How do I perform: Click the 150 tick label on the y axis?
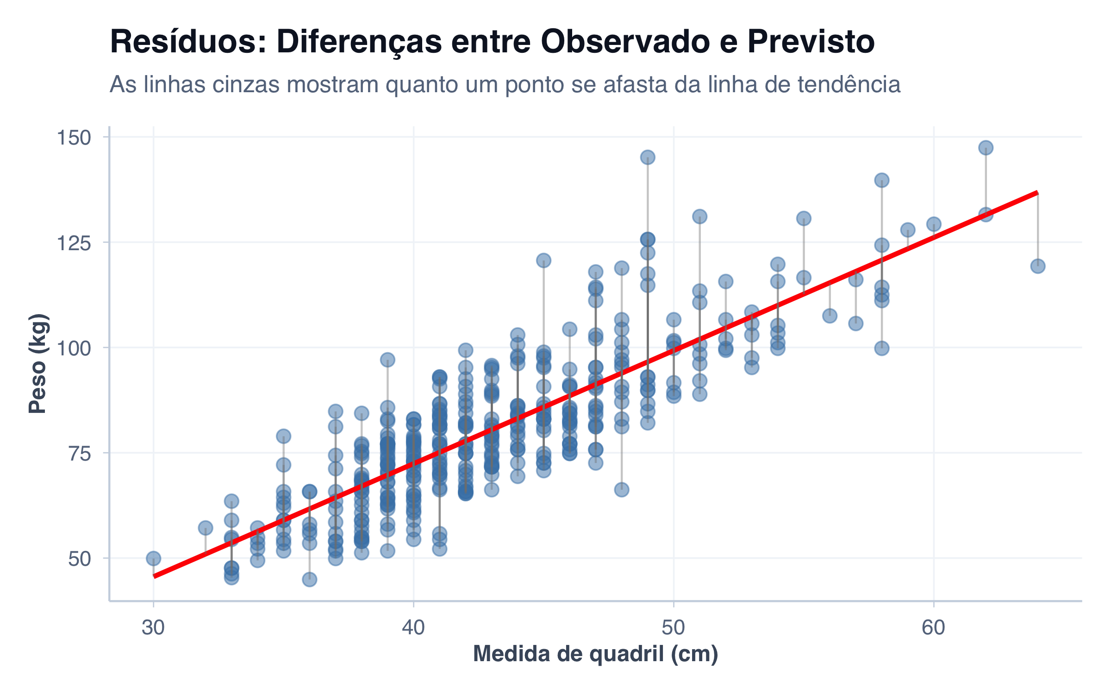pyautogui.click(x=73, y=138)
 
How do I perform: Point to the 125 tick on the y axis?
pyautogui.click(x=73, y=243)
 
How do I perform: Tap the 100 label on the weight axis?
pyautogui.click(x=73, y=348)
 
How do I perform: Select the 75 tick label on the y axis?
pyautogui.click(x=79, y=453)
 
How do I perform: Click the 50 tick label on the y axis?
pyautogui.click(x=79, y=559)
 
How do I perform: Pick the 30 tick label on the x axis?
pyautogui.click(x=153, y=628)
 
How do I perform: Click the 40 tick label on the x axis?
pyautogui.click(x=413, y=628)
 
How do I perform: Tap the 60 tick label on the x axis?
pyautogui.click(x=933, y=628)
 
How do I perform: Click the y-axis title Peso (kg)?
pyautogui.click(x=38, y=364)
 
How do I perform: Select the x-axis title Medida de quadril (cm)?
pyautogui.click(x=595, y=654)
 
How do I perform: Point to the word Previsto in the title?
pyautogui.click(x=811, y=42)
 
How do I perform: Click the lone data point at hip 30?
pyautogui.click(x=153, y=558)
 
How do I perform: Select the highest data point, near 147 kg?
pyautogui.click(x=986, y=148)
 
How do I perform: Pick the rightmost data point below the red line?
pyautogui.click(x=1037, y=266)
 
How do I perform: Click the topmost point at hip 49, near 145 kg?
pyautogui.click(x=647, y=158)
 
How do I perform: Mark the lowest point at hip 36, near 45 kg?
pyautogui.click(x=309, y=579)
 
